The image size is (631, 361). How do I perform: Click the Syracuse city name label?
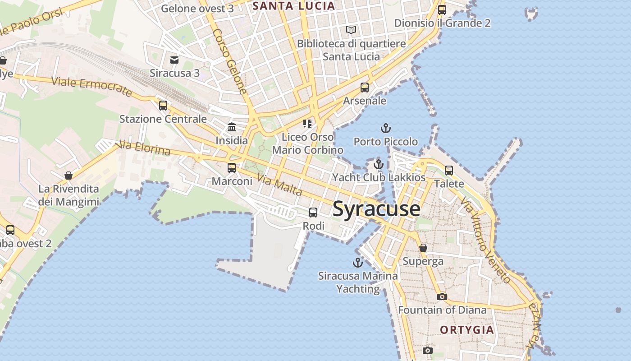tap(376, 209)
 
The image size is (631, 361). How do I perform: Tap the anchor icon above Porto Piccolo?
tap(385, 129)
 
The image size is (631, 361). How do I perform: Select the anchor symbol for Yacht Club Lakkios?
tap(378, 164)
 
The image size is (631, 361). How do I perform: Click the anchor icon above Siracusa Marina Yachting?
tap(357, 263)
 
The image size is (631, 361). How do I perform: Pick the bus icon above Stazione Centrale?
tap(163, 106)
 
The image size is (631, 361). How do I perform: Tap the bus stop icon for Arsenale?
tap(365, 88)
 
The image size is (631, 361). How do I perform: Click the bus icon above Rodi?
tap(313, 212)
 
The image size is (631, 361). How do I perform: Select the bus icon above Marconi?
tap(232, 168)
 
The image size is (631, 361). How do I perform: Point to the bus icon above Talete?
tap(449, 171)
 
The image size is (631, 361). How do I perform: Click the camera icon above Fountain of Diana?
tap(442, 296)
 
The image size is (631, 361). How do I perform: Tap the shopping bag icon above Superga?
tap(423, 248)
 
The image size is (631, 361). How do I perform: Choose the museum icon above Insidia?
tap(232, 127)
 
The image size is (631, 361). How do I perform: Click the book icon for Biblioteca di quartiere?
tap(351, 30)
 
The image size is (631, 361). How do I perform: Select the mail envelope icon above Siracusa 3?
tap(174, 60)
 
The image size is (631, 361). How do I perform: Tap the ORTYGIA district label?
tap(467, 330)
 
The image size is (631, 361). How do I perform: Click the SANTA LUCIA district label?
tap(293, 6)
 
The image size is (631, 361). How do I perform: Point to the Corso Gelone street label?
tap(230, 61)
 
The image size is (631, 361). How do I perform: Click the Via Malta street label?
tap(279, 185)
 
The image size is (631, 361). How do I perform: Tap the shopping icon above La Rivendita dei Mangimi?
tap(69, 176)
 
